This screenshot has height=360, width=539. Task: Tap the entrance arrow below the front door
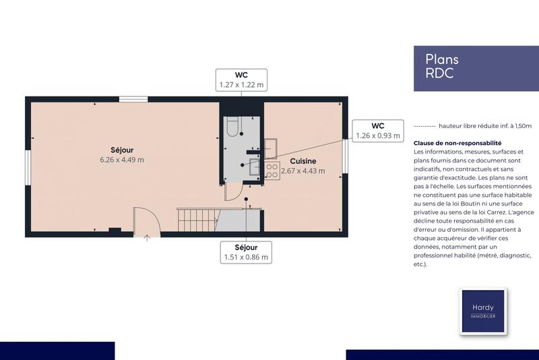click(x=148, y=237)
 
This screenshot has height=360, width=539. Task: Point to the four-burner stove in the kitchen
click(x=272, y=171)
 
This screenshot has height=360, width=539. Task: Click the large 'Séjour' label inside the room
click(x=122, y=149)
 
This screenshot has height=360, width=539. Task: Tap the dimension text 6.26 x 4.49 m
click(x=122, y=160)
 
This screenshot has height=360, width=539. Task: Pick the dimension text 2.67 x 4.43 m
click(x=303, y=171)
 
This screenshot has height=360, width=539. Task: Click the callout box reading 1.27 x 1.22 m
click(x=241, y=80)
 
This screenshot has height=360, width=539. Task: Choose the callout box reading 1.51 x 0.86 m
click(x=246, y=252)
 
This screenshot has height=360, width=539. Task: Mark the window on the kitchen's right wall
click(x=345, y=157)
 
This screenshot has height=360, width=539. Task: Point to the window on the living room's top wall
click(x=133, y=100)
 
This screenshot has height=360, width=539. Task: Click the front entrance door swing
click(x=145, y=218)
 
